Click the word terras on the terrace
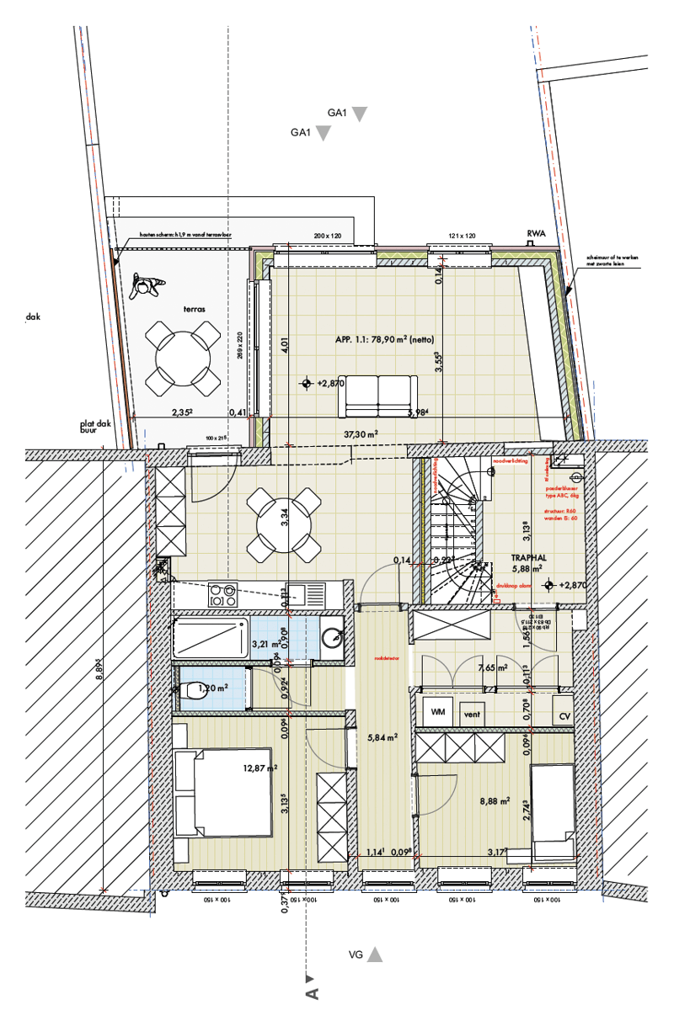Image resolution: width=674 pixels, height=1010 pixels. (195, 309)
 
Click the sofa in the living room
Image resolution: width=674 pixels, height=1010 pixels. (377, 396)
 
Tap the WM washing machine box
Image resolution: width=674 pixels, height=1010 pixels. (437, 712)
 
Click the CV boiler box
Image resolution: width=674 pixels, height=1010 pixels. (565, 715)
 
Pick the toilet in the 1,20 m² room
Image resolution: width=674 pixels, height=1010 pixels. (190, 690)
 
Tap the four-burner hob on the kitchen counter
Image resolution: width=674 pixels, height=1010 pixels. (222, 595)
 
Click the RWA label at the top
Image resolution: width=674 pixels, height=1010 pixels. (536, 236)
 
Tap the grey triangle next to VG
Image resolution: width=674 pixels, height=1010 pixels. (375, 954)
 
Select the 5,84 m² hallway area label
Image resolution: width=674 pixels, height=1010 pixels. (382, 737)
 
